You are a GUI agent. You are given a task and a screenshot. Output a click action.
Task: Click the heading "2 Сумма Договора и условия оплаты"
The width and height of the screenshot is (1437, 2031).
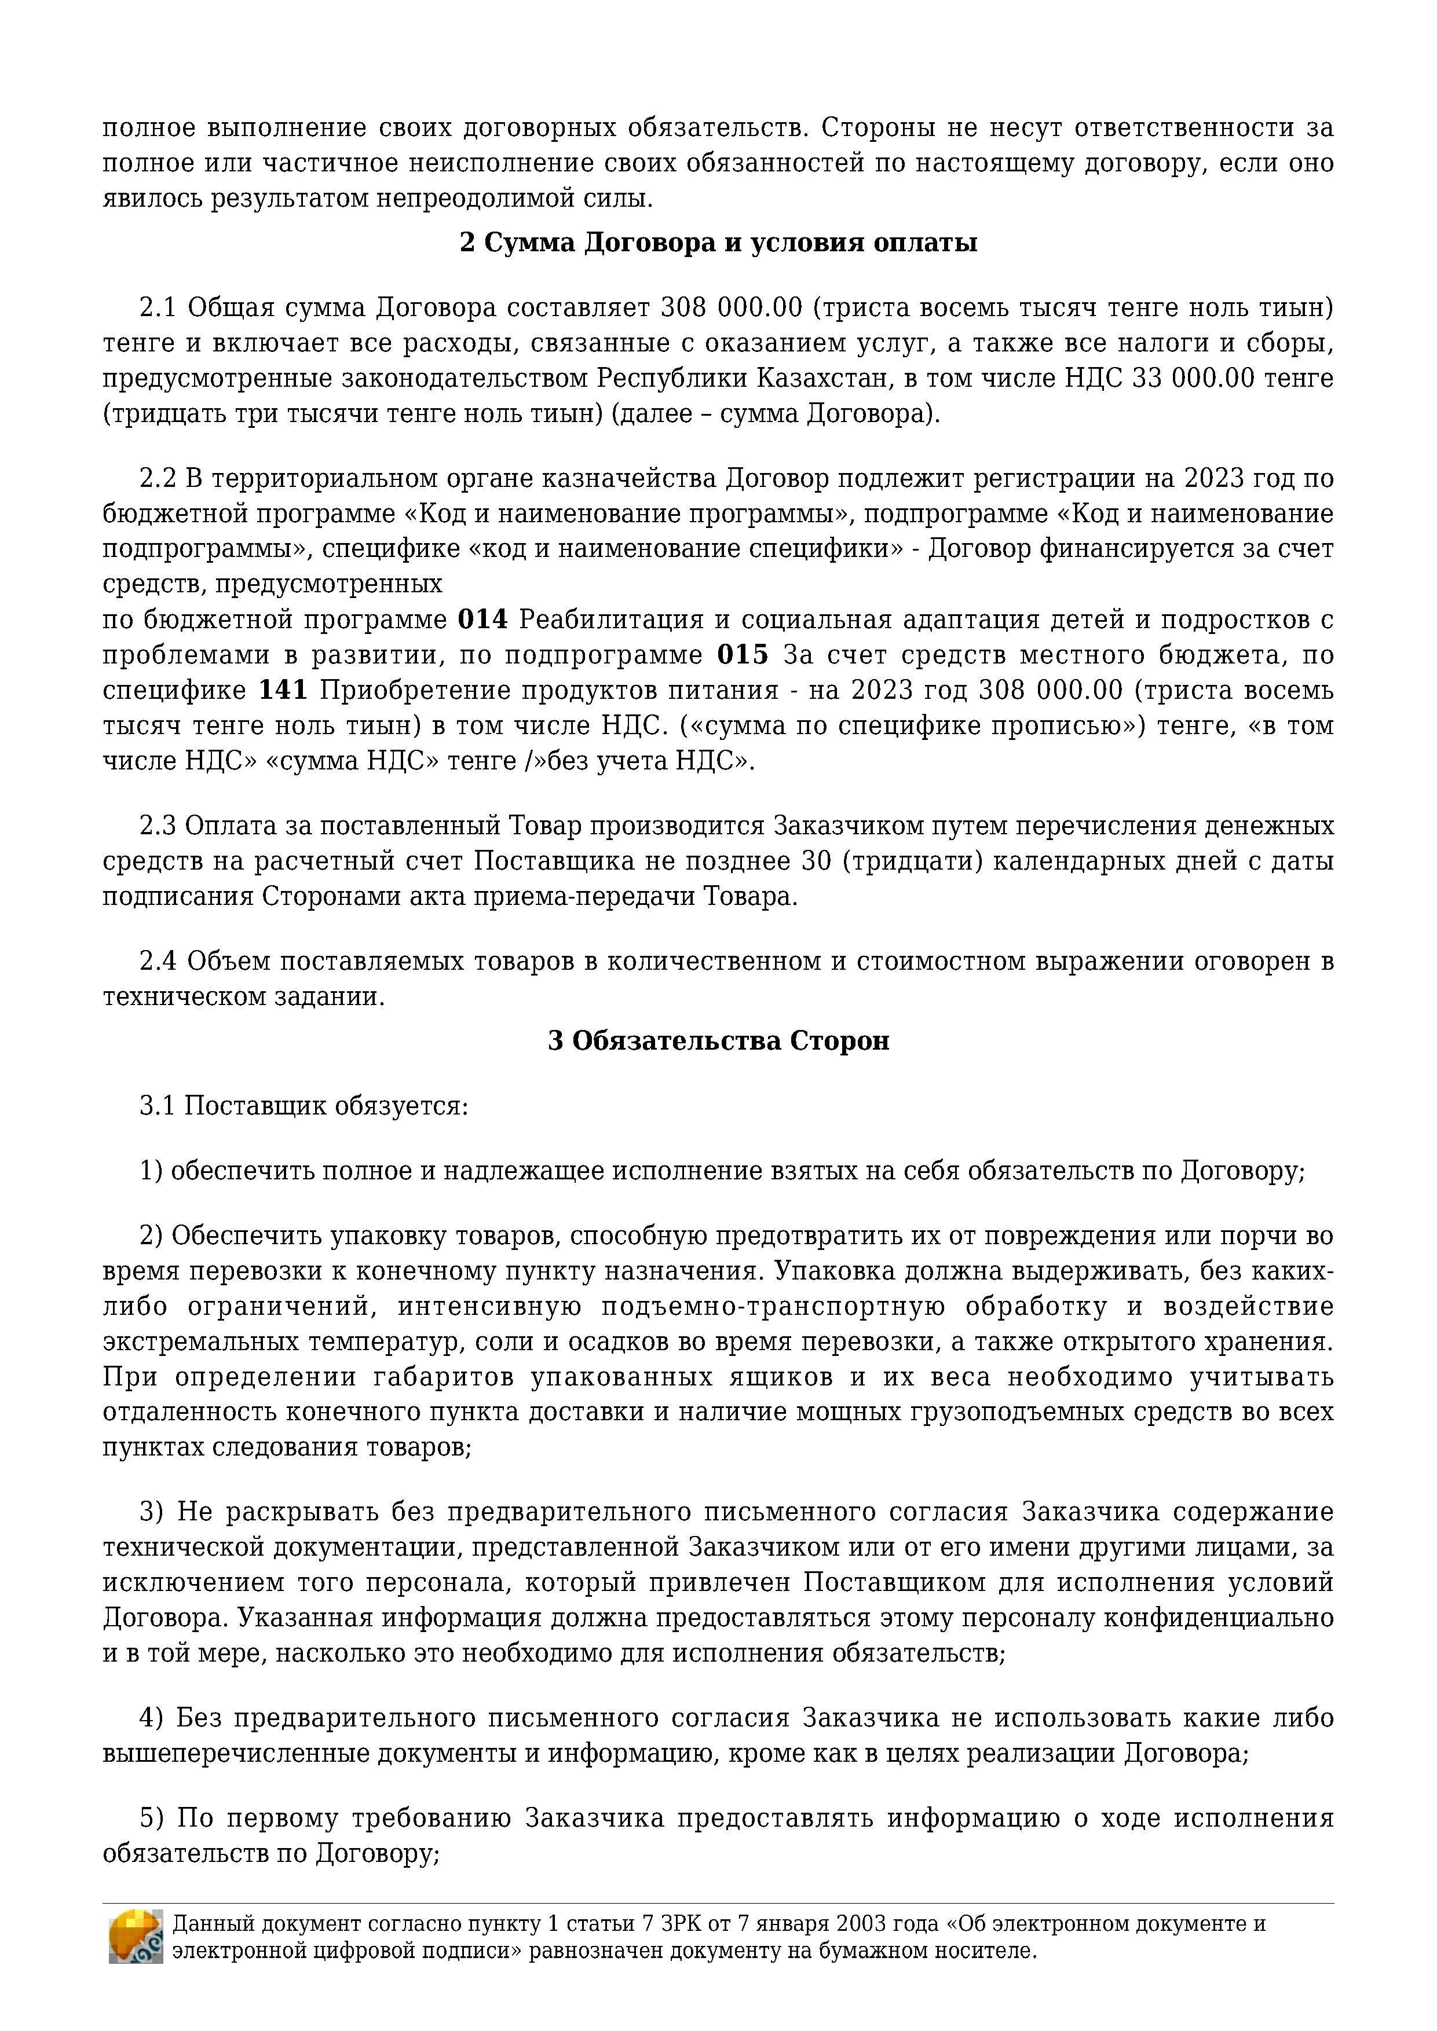718,243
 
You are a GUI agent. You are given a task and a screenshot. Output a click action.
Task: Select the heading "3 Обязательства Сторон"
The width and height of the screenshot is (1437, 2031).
718,1040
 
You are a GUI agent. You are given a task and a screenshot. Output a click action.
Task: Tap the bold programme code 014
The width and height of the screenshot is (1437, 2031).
482,619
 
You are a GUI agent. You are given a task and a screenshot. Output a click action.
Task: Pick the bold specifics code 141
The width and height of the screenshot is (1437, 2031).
283,690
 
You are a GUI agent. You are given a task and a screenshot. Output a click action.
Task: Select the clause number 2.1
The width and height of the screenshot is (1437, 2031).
158,308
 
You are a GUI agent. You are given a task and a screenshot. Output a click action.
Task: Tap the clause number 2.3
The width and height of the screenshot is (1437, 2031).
158,826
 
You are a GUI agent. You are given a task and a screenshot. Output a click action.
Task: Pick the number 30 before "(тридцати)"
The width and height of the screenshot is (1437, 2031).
817,861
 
